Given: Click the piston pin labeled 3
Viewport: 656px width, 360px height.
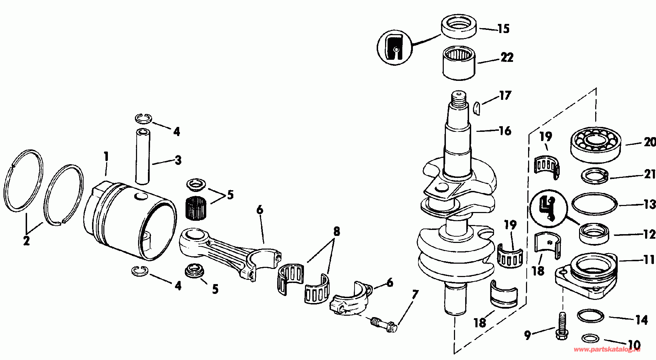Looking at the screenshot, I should click(142, 157).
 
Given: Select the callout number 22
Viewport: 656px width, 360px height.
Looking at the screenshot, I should click(507, 57).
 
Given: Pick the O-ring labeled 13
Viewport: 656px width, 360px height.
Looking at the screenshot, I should click(595, 204).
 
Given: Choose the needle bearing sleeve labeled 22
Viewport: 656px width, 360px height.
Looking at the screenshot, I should click(459, 63).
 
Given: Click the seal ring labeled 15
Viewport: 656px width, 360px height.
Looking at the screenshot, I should click(459, 26).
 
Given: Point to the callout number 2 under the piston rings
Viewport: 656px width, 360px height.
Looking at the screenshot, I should click(26, 241).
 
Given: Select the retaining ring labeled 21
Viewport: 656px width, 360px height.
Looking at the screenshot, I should click(595, 176).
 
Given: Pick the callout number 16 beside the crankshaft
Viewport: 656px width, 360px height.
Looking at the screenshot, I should click(505, 131).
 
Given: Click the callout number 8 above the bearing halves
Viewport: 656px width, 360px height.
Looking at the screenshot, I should click(336, 231).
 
